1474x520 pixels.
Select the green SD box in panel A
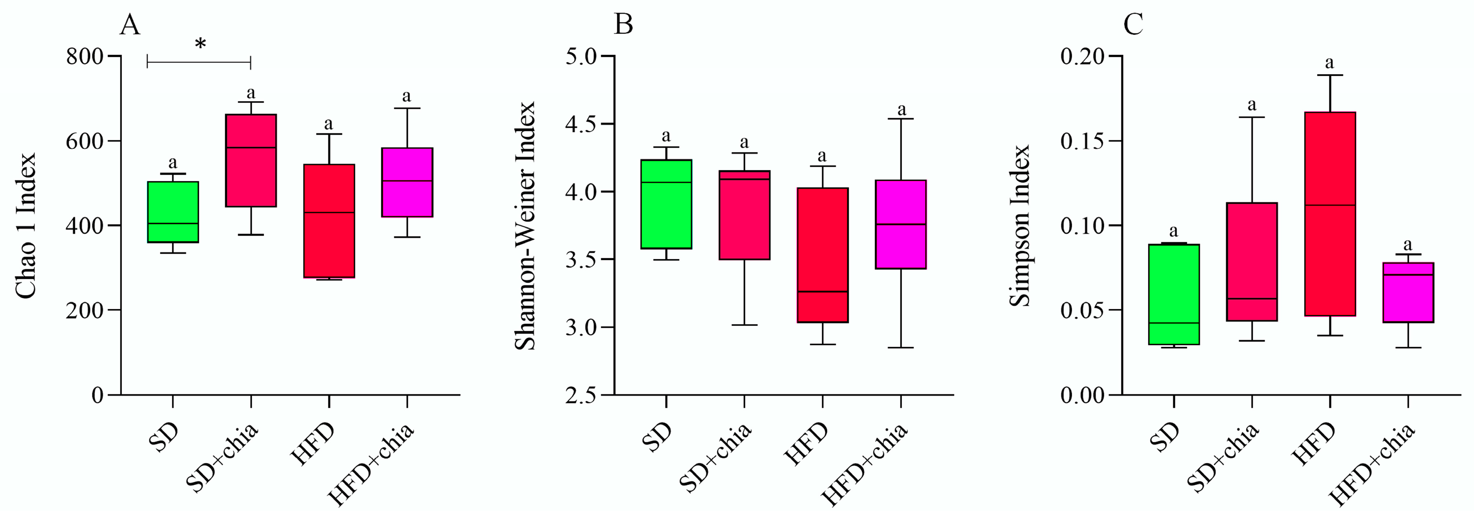(173, 212)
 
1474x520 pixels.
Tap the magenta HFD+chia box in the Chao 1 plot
(407, 182)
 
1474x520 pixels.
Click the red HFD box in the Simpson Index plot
(1330, 214)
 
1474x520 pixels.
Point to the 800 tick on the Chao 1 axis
(84, 57)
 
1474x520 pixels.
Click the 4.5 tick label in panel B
(581, 124)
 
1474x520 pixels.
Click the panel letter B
(623, 25)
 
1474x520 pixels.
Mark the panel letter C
(1133, 25)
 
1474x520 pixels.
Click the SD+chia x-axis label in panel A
(224, 458)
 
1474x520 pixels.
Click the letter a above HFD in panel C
(1330, 62)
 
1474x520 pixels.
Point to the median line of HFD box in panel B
(822, 291)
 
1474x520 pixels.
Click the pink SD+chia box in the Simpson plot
(1252, 262)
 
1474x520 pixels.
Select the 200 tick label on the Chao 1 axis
(84, 310)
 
